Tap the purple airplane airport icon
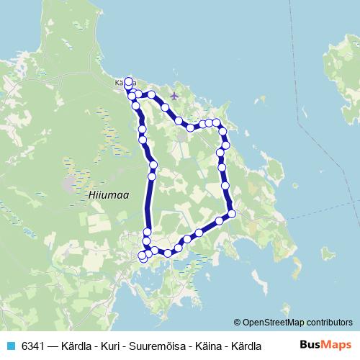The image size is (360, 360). click(174, 95)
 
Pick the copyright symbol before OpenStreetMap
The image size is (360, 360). click(238, 322)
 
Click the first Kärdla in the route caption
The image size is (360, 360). click(78, 345)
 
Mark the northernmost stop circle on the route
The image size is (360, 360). click(129, 81)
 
